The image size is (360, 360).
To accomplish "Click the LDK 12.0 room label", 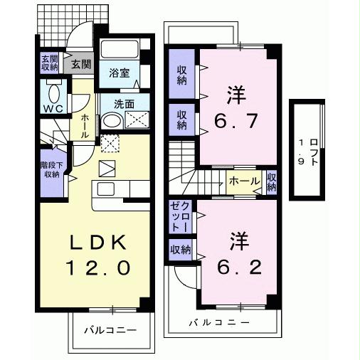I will (100, 255).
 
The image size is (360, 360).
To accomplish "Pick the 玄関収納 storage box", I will (49, 63).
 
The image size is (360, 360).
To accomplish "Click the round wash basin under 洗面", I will (110, 120).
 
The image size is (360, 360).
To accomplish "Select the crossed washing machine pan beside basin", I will (136, 120).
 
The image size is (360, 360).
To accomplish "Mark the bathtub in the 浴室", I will (121, 51).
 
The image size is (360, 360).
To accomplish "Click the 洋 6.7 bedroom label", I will (235, 107).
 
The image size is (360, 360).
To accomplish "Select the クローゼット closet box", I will (178, 216).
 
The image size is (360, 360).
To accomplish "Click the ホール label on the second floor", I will (244, 181).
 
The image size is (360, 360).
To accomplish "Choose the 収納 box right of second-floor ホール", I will (272, 181).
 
